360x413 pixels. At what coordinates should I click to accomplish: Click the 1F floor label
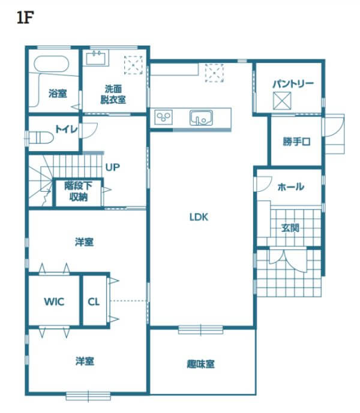[25, 18]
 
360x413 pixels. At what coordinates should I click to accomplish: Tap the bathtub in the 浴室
[52, 64]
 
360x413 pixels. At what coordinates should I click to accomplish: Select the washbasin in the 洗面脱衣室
[97, 58]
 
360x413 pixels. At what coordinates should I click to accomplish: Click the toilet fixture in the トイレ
[41, 138]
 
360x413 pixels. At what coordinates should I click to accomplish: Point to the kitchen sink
[201, 117]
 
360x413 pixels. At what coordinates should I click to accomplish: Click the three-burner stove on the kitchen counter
[164, 117]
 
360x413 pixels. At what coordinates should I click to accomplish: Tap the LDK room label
[199, 217]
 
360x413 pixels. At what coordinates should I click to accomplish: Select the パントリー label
[293, 84]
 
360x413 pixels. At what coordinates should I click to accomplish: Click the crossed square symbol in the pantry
[282, 101]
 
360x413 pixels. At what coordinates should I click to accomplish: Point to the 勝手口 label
[296, 141]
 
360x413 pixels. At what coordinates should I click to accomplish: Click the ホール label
[291, 187]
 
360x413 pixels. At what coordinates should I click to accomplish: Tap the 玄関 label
[290, 228]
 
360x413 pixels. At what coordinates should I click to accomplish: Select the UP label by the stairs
[113, 167]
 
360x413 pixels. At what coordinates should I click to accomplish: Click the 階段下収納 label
[79, 191]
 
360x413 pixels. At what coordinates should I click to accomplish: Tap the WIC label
[54, 302]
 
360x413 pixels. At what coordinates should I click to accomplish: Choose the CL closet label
[94, 302]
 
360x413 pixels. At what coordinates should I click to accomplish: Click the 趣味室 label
[201, 364]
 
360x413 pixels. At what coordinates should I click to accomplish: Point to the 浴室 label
[58, 94]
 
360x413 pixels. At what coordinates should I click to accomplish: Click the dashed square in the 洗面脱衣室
[133, 65]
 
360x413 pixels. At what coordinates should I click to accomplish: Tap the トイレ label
[67, 129]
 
